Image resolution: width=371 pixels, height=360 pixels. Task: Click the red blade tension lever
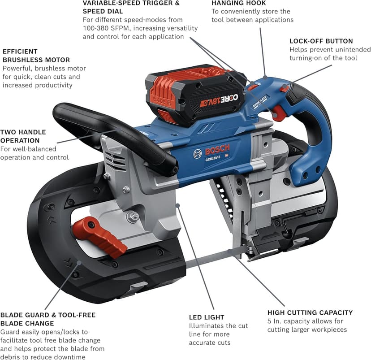pyautogui.click(x=99, y=237)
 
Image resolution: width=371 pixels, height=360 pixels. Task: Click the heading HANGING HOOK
pyautogui.click(x=238, y=3)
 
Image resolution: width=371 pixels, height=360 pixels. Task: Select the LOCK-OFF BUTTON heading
pyautogui.click(x=321, y=41)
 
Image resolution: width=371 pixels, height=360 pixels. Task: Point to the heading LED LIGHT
pyautogui.click(x=206, y=317)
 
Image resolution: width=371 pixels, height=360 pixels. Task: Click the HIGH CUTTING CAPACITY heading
pyautogui.click(x=310, y=312)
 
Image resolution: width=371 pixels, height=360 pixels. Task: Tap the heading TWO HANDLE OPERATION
pyautogui.click(x=23, y=136)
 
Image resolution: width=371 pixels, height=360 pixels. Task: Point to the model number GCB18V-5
pyautogui.click(x=213, y=159)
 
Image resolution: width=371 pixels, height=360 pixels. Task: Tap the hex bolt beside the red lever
pyautogui.click(x=132, y=217)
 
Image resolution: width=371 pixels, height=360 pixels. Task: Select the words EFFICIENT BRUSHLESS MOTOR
pyautogui.click(x=36, y=56)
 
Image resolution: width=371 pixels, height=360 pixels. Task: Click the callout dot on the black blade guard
pyautogui.click(x=79, y=262)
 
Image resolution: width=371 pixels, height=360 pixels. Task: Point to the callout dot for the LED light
pyautogui.click(x=178, y=205)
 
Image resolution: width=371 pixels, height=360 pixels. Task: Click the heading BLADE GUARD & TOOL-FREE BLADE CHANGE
pyautogui.click(x=48, y=319)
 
